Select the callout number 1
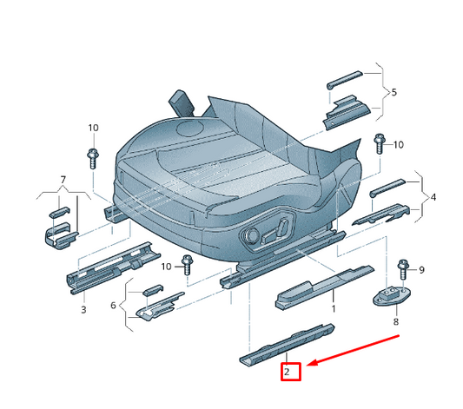(x=332, y=308)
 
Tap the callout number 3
(x=83, y=309)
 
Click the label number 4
(x=433, y=198)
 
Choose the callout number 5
(x=113, y=306)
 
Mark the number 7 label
(x=395, y=321)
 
